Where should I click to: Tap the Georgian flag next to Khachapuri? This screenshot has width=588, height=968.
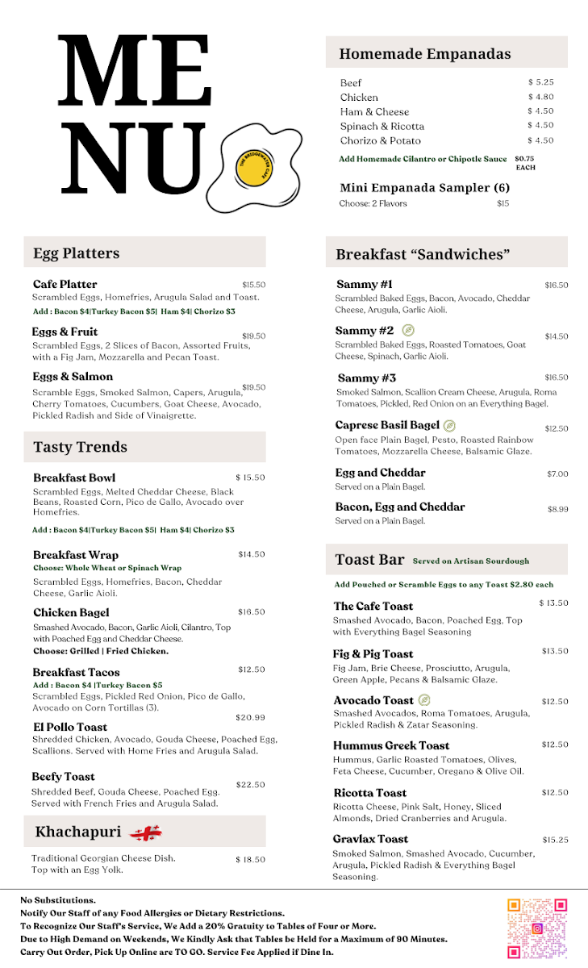(146, 832)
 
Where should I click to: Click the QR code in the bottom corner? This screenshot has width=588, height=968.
(537, 928)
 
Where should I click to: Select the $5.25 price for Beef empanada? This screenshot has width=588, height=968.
(540, 82)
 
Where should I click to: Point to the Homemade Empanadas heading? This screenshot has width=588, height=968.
(424, 54)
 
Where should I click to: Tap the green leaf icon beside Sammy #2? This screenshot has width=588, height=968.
(409, 331)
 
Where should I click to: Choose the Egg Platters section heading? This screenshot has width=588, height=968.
(76, 253)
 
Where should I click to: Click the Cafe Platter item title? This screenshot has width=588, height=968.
(65, 284)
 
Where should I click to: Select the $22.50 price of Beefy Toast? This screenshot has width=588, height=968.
(250, 785)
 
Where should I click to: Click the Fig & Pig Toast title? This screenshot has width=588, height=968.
(373, 654)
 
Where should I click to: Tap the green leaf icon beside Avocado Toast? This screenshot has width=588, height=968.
(424, 700)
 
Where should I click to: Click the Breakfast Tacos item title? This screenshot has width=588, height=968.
(76, 672)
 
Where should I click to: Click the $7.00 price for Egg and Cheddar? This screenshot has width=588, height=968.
(557, 474)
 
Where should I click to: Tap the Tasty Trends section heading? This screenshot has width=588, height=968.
(80, 447)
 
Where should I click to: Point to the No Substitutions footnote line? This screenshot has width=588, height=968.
(58, 899)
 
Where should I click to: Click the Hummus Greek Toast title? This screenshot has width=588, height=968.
(391, 745)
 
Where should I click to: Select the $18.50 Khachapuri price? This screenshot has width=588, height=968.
(250, 860)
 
